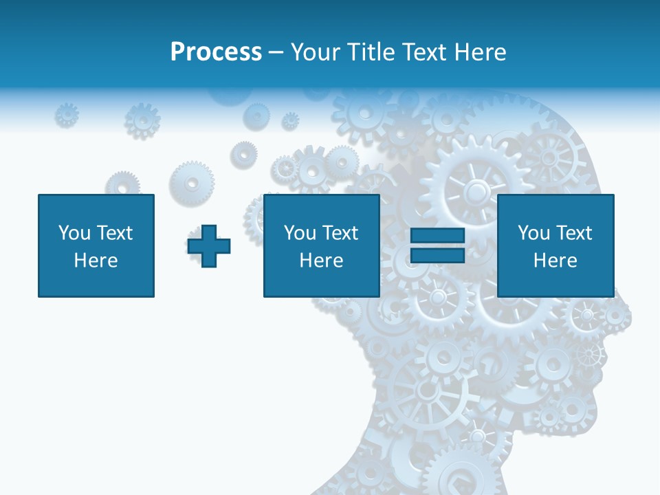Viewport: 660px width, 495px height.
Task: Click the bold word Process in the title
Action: pyautogui.click(x=216, y=52)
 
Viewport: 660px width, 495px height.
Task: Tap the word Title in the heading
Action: pyautogui.click(x=371, y=52)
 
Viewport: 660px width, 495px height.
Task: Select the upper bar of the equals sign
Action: pyautogui.click(x=438, y=236)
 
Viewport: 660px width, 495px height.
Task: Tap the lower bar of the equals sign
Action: pyautogui.click(x=438, y=254)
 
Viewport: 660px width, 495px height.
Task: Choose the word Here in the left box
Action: pyautogui.click(x=96, y=261)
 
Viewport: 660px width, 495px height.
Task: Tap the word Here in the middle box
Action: pyautogui.click(x=321, y=261)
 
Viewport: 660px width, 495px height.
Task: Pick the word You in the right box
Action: pyautogui.click(x=533, y=232)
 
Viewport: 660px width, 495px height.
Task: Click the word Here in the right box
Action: pyautogui.click(x=555, y=261)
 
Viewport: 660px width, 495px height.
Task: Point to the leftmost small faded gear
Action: pyautogui.click(x=67, y=115)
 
